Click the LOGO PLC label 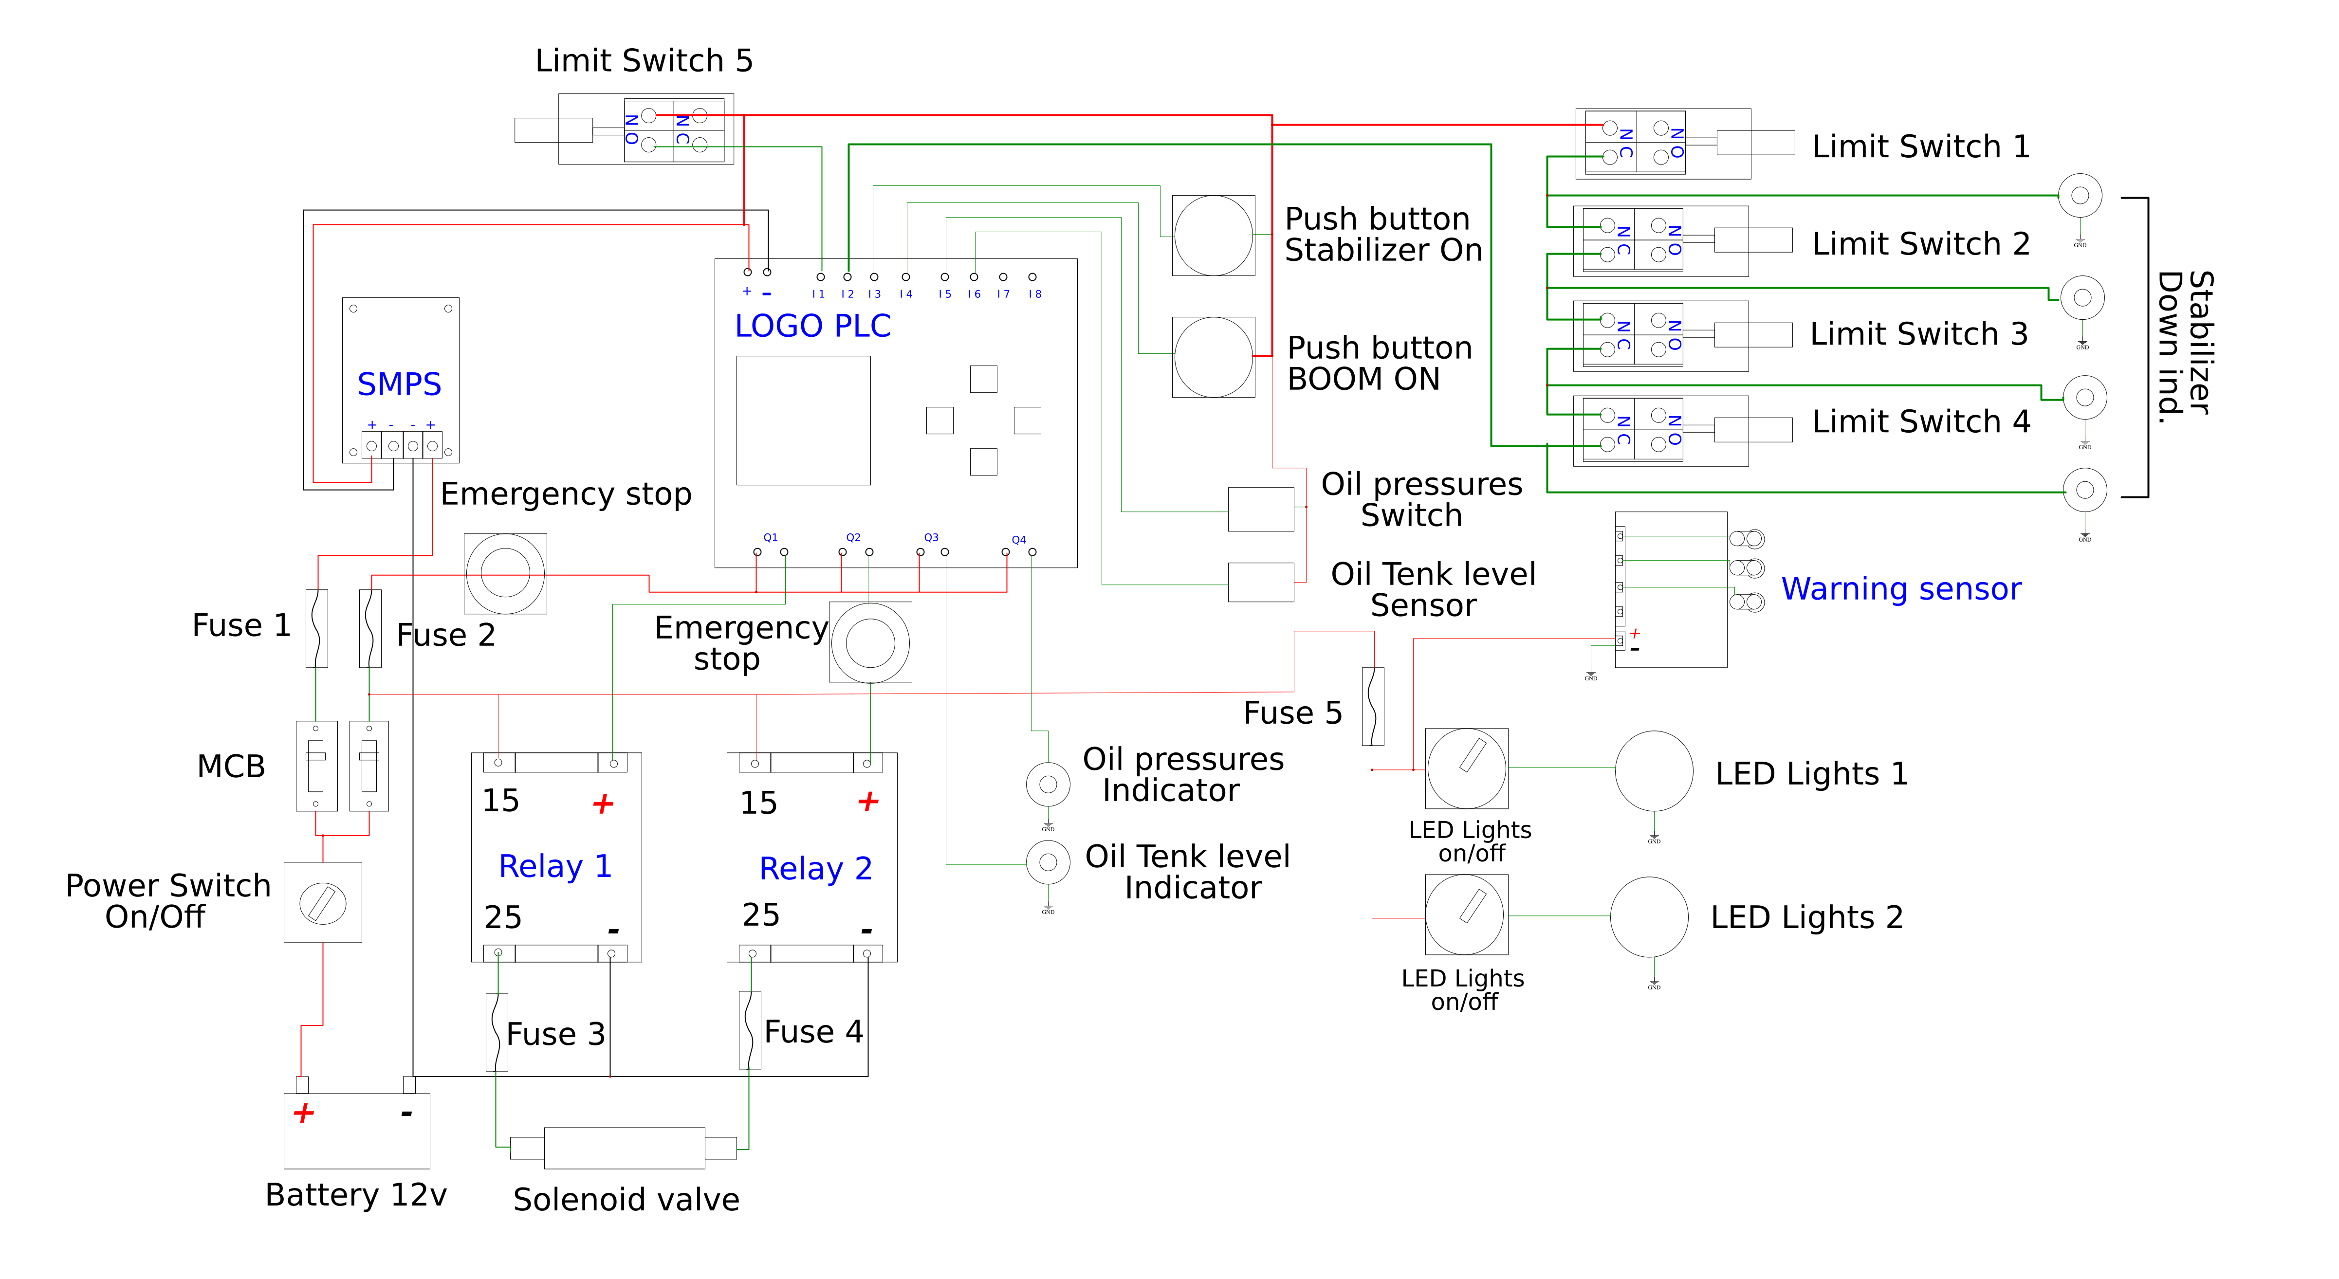812,326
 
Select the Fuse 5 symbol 1373,706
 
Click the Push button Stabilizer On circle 1213,235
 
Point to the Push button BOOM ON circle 1213,357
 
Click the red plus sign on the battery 303,1113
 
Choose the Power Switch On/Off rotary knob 322,903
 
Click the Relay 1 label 555,866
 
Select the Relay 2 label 815,869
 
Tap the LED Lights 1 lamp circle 1654,771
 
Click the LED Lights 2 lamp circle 1649,916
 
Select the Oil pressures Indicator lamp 1048,784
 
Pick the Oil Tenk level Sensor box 1260,582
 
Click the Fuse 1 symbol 316,628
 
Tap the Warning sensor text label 1900,589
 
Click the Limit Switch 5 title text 644,61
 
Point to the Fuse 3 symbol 497,1032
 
